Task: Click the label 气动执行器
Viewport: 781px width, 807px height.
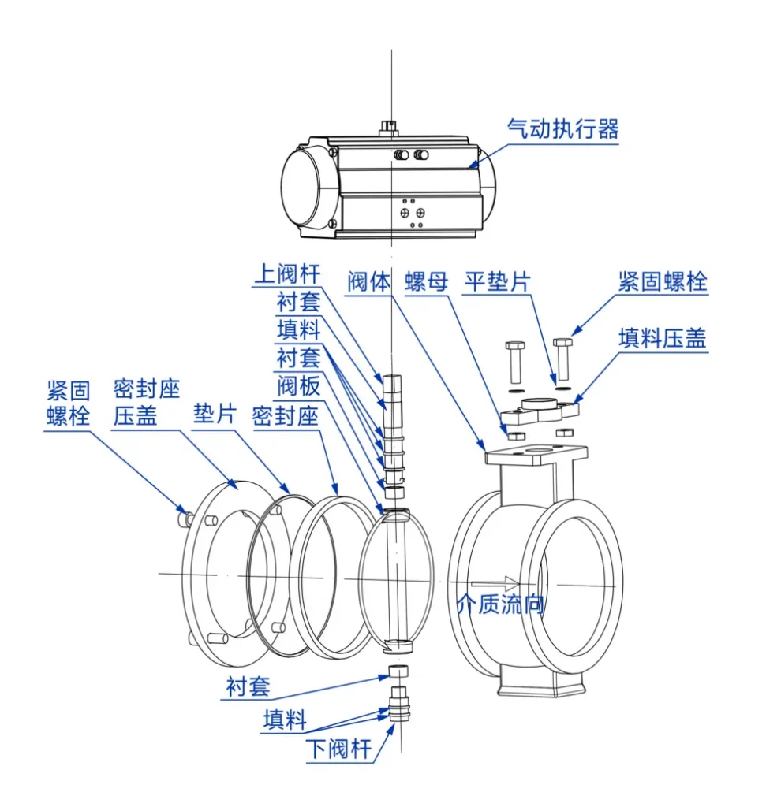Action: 562,129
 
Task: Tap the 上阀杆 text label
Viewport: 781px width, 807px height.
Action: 287,274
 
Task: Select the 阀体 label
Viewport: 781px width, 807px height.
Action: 368,281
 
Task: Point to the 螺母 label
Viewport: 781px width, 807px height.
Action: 426,281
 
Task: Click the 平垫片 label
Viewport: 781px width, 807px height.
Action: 496,281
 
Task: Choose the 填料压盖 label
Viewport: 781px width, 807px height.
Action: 663,338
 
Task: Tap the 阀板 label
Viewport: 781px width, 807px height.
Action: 298,386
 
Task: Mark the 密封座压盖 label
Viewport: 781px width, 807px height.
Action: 146,402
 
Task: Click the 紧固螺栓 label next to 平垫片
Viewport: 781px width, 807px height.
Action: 663,281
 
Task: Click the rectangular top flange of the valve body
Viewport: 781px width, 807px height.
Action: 536,456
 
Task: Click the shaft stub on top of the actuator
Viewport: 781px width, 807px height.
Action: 390,126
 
